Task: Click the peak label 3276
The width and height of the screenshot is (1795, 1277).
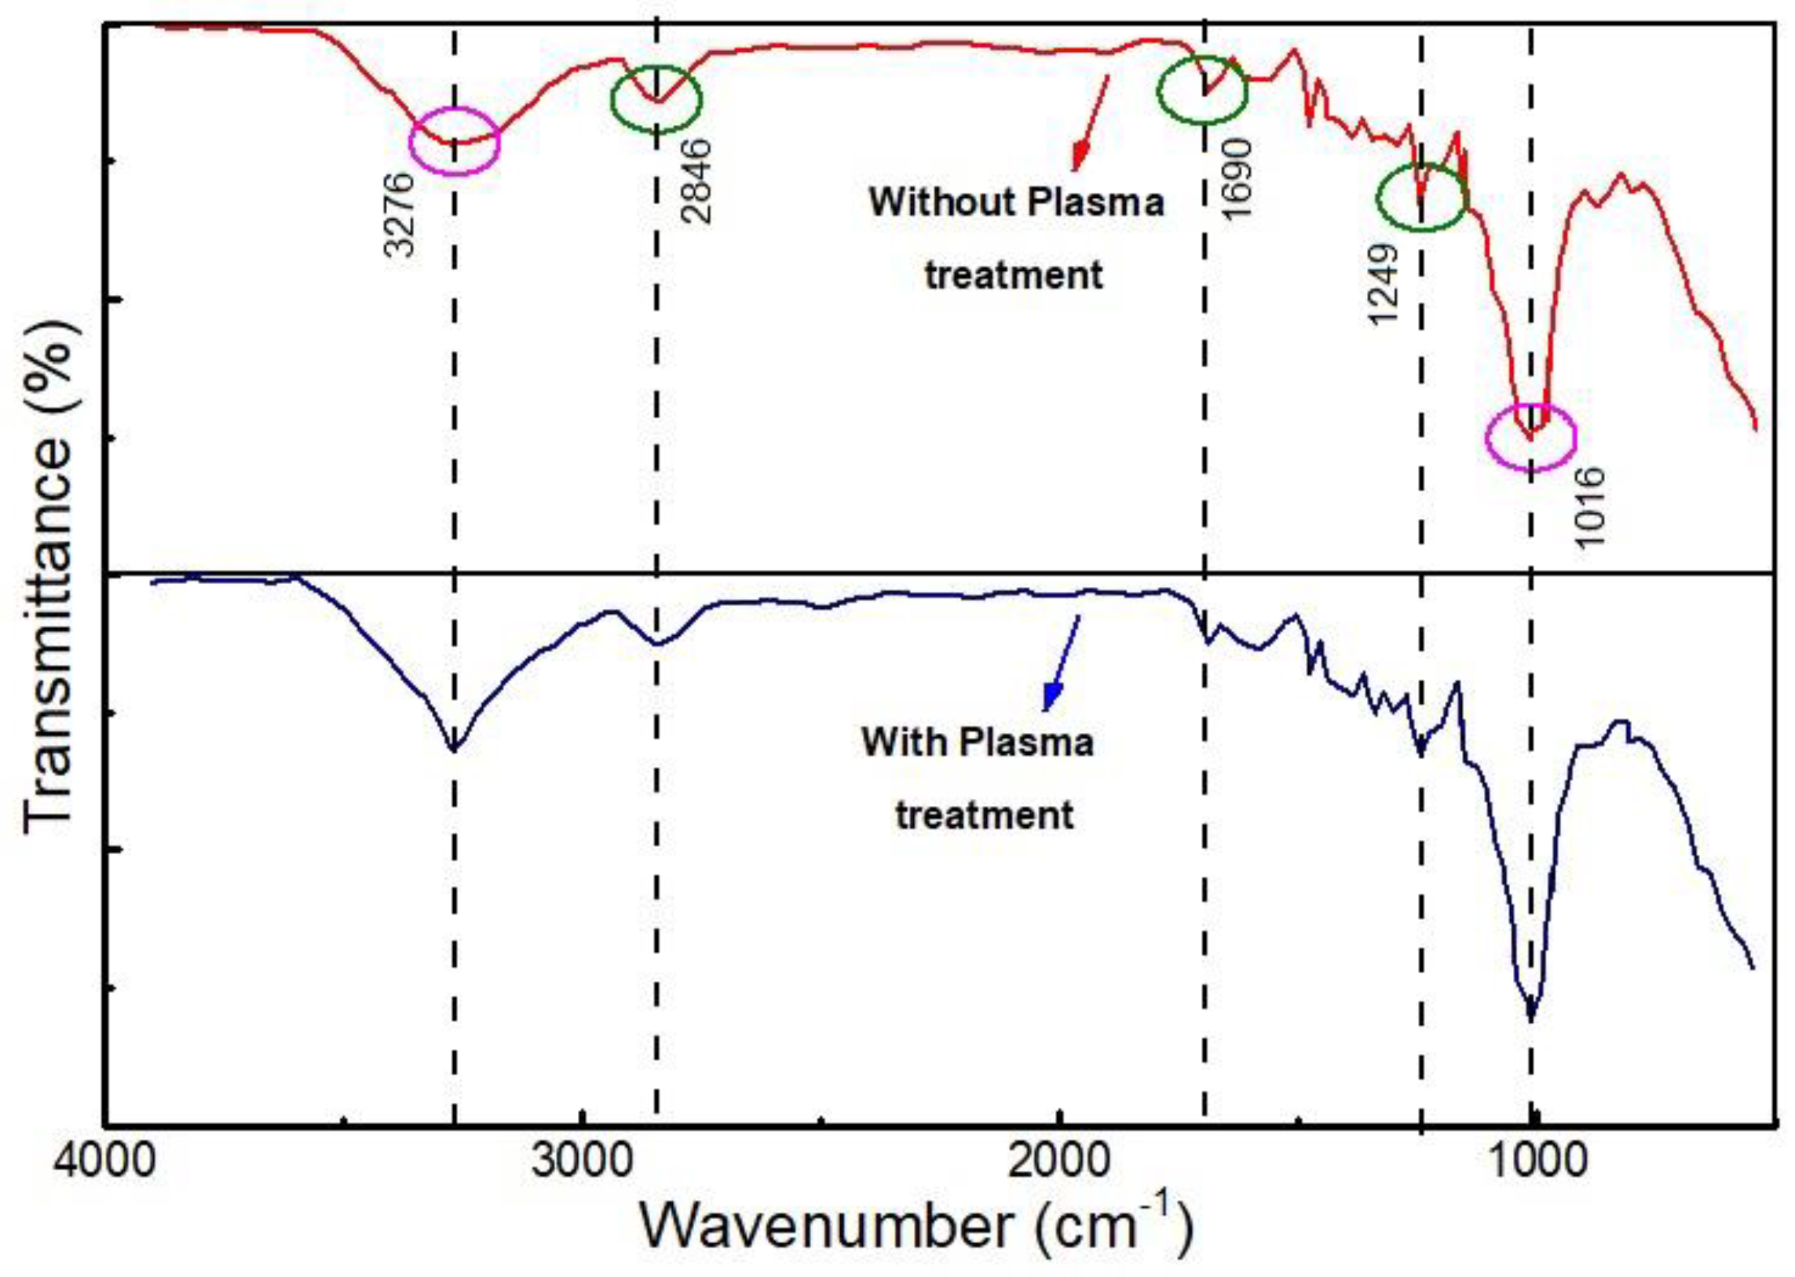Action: coord(399,214)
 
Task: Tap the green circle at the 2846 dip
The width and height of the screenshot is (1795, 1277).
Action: coord(656,98)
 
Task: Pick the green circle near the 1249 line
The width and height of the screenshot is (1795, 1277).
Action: coord(1421,197)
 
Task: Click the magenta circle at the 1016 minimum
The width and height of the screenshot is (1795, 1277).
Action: coord(1530,437)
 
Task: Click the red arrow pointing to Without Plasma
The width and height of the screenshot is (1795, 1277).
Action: coord(1091,122)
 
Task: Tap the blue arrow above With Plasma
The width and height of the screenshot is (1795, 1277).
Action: coord(1061,662)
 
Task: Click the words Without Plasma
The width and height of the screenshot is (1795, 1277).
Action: coord(1015,202)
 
